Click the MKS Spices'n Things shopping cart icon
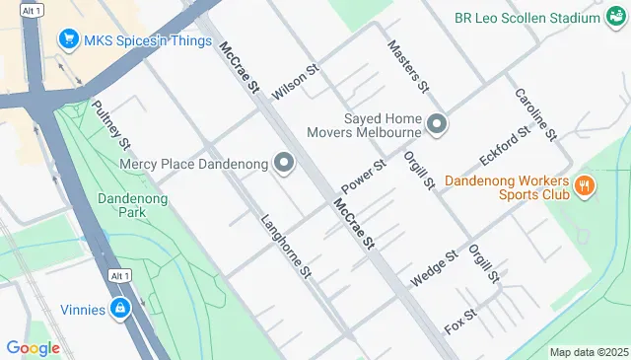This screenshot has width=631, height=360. tap(69, 39)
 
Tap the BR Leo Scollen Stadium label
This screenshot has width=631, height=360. tap(527, 18)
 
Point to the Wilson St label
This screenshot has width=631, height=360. tap(297, 82)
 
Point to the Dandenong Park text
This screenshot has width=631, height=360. tap(134, 204)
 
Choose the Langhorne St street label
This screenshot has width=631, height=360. tap(286, 246)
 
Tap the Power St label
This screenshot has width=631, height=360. tap(362, 176)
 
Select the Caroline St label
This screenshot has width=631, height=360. tap(536, 113)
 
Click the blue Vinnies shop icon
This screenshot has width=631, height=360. tap(120, 310)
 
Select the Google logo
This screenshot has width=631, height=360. tap(33, 348)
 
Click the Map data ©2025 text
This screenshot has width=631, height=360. tap(588, 352)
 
